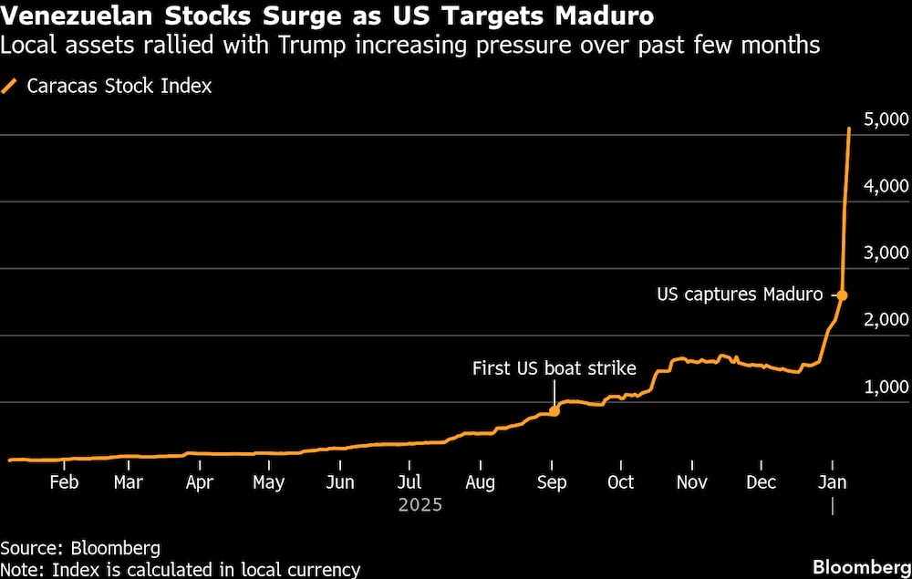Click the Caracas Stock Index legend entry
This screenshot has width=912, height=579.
click(x=119, y=87)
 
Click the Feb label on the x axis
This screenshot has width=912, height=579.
click(x=63, y=482)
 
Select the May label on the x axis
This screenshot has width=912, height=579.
click(x=269, y=482)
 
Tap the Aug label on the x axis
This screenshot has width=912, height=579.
click(x=480, y=482)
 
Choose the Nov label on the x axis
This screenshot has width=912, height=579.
click(x=692, y=482)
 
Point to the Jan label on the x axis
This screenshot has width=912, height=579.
click(x=833, y=482)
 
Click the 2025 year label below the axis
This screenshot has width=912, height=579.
click(x=420, y=504)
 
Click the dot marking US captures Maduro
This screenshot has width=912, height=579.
click(x=842, y=295)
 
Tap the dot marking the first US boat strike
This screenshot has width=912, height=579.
click(x=554, y=411)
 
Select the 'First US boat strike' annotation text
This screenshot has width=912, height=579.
click(x=554, y=369)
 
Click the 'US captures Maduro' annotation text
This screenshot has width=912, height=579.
click(x=740, y=295)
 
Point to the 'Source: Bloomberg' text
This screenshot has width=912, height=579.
click(x=80, y=548)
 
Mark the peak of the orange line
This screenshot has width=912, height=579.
click(x=850, y=129)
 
